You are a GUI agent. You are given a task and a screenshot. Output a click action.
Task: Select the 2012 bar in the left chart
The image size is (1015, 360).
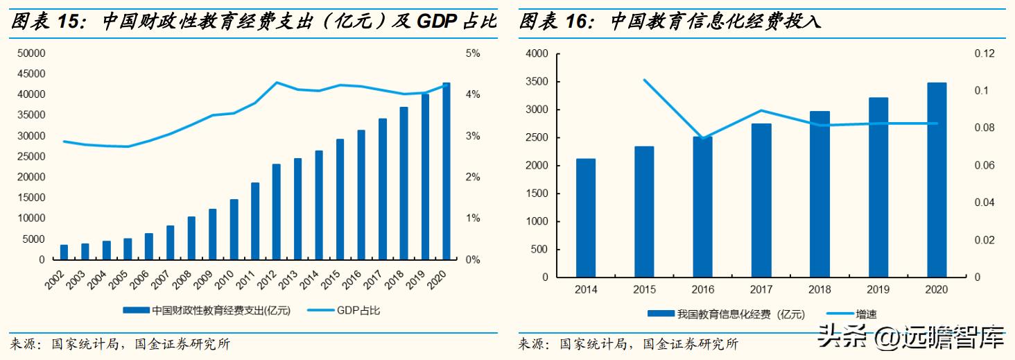(276, 212)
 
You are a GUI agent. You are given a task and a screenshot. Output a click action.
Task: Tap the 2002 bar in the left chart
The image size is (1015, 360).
(64, 252)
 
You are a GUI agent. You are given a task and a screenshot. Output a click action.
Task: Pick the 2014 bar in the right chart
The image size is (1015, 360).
(586, 218)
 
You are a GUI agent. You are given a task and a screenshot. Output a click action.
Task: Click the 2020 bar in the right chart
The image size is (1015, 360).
(937, 180)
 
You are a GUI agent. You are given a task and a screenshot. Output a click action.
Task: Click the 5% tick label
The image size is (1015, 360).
(472, 53)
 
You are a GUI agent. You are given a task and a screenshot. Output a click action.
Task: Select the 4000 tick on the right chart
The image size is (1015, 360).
(537, 53)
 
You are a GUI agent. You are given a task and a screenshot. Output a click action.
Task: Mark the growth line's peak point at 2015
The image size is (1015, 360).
(645, 80)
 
